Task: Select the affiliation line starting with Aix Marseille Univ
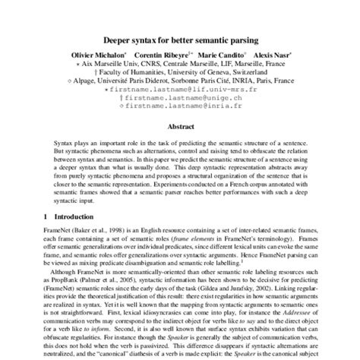point(181,65)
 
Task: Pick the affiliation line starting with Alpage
point(181,82)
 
